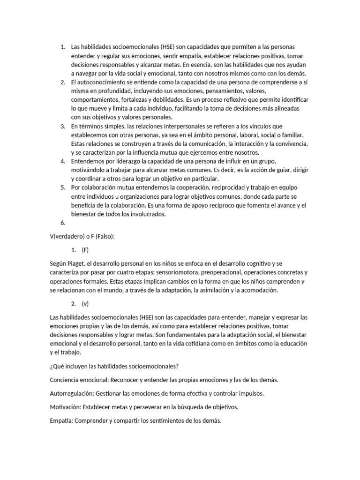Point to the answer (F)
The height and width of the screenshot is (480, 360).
(85, 250)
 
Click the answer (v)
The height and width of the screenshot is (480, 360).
(85, 304)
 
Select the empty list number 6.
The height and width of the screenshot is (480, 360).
(63, 223)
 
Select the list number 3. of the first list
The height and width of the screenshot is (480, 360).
(63, 127)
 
